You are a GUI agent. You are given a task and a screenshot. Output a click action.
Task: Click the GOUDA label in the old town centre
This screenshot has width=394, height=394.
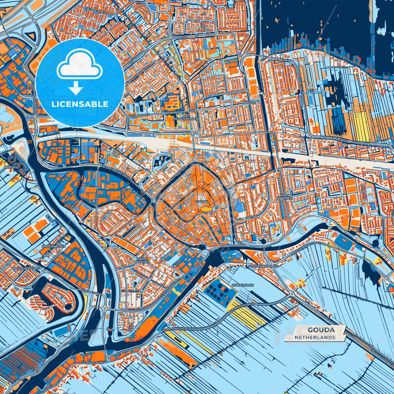click(x=201, y=202)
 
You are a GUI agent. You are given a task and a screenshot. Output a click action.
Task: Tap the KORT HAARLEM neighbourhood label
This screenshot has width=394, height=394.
click(x=285, y=197)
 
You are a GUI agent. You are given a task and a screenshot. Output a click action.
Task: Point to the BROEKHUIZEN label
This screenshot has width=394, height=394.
click(x=54, y=246)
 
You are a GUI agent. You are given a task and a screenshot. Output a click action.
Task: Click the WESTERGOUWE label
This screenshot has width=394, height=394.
click(x=26, y=269)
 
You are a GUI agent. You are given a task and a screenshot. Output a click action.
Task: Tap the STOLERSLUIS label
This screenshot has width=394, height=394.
click(x=242, y=285)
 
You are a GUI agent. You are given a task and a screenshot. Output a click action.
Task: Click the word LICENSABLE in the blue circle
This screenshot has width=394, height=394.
click(x=80, y=104)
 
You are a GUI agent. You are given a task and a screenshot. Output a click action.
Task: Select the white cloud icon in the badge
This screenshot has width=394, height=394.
click(x=79, y=65)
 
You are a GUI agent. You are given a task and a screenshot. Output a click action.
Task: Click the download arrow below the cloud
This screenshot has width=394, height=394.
click(x=76, y=89)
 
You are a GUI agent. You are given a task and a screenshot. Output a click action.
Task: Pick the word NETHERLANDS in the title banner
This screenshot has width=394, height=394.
click(x=315, y=337)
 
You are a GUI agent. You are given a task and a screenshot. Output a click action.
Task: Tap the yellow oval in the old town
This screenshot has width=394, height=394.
click(x=206, y=209)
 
